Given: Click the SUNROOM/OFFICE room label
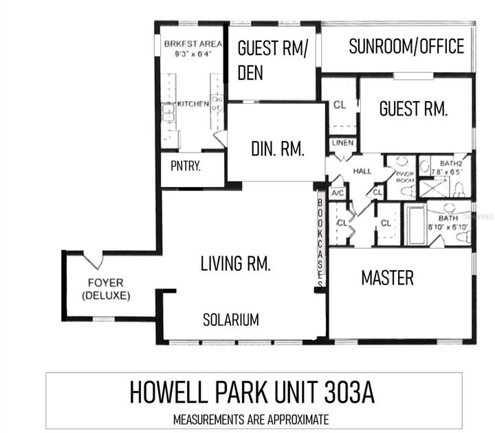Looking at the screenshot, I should coord(406,47).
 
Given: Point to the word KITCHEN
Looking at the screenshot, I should coord(193,104).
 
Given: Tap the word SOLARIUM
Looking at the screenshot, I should coord(231,320).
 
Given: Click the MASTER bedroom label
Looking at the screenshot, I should coord(388,278).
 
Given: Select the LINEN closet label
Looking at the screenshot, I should coord(342,143).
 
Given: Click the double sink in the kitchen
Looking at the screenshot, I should coord(168,112).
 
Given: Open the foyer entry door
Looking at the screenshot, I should coord(93,259).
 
